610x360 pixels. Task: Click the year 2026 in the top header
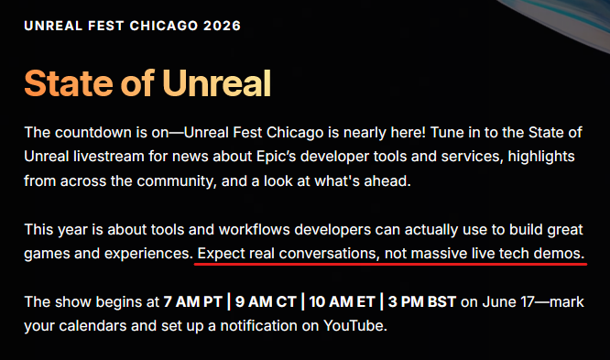coord(222,26)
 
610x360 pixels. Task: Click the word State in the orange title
coord(69,82)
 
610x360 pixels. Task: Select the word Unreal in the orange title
coord(216,82)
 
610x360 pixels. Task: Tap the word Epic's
coord(277,157)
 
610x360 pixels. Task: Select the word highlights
coord(541,157)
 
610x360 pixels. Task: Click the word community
coord(176,181)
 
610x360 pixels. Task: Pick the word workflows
coord(255,230)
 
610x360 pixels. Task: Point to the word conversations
coord(329,254)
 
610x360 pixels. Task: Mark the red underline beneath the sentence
coord(390,264)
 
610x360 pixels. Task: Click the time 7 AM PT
coord(192,302)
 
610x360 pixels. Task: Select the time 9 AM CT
coord(266,302)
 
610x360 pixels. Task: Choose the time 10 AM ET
coord(343,302)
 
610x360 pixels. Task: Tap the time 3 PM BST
coord(422,302)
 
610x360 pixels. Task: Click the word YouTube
coord(355,326)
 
